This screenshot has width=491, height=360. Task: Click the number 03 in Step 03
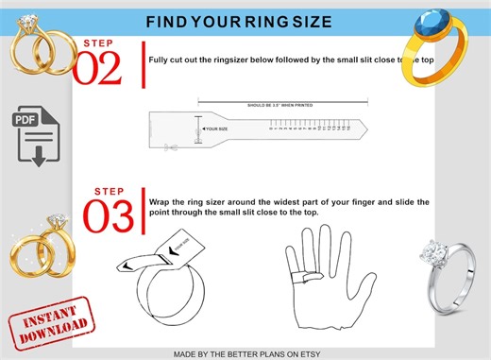[107, 214]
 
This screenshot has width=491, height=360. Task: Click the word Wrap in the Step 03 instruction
[160, 202]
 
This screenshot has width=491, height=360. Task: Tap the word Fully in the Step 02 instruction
[160, 59]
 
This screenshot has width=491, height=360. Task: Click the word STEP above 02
[97, 43]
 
